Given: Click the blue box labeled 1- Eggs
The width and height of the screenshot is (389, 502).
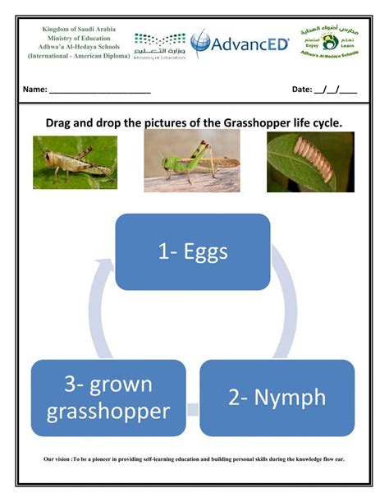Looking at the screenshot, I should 193,251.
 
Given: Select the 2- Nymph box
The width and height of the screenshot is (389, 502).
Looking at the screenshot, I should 277,397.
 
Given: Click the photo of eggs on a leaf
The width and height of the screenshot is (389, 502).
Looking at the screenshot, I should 310,162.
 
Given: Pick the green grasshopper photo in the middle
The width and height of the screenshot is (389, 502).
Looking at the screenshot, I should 192,160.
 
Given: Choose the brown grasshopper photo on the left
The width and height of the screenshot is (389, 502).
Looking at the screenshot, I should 75,162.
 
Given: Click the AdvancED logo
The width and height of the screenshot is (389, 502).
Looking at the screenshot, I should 240,44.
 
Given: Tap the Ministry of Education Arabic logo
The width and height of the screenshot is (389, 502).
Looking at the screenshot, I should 160,44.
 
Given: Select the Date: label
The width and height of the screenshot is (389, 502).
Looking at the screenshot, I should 303,89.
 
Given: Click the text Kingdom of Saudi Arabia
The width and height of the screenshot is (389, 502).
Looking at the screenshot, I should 79,29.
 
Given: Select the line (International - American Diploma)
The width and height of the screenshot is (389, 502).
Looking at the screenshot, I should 79,56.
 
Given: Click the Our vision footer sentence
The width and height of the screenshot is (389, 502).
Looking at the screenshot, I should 194,459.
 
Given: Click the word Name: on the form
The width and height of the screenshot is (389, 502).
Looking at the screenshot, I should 34,89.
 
